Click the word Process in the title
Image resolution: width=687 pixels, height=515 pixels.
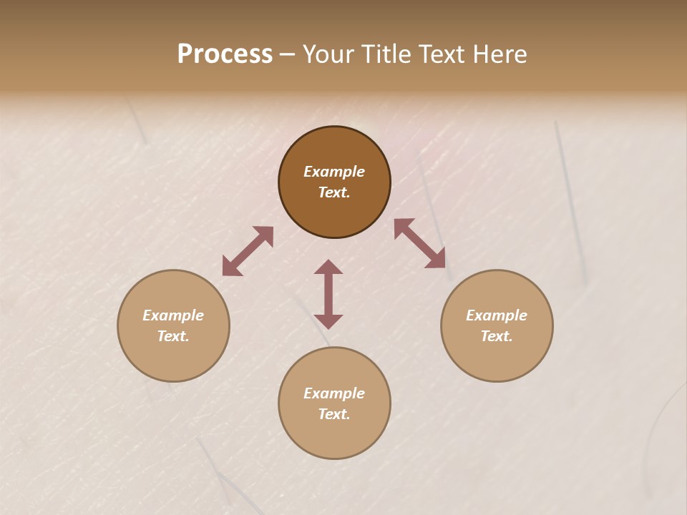coord(225,54)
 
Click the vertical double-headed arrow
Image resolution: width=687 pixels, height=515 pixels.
coord(328,294)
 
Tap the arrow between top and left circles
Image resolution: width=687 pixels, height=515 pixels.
coord(248,251)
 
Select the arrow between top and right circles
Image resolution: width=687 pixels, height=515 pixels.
coord(420,243)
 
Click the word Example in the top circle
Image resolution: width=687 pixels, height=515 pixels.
coord(334,172)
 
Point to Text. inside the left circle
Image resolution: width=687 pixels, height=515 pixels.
coord(173,336)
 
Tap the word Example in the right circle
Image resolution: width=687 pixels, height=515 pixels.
coord(497,315)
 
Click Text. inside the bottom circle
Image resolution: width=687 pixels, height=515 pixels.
coord(334,414)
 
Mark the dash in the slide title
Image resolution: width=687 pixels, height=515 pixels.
coord(288,54)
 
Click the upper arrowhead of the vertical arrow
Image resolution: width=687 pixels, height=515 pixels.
coord(328,267)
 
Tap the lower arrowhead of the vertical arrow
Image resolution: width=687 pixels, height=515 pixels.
coord(328,321)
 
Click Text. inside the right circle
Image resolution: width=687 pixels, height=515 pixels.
coord(497,336)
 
